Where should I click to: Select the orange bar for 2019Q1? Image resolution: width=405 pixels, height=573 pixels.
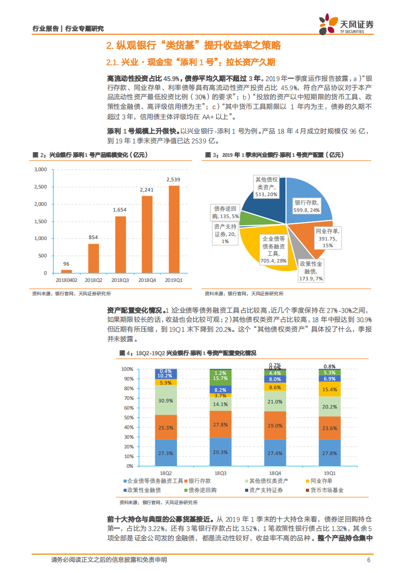(174, 229)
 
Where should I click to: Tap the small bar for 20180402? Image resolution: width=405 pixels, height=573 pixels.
(66, 271)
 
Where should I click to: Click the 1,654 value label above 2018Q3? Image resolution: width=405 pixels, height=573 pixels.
(120, 210)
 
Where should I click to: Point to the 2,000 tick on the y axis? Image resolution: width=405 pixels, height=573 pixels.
(40, 204)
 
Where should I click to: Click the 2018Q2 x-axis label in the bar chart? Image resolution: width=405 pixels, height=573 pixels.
(93, 280)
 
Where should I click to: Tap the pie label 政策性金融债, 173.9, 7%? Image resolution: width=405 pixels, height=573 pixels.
(311, 271)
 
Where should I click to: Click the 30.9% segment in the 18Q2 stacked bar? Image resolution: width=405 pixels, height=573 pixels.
(165, 400)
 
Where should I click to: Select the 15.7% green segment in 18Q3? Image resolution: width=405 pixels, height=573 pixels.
(221, 378)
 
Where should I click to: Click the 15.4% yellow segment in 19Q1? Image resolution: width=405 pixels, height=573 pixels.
(329, 389)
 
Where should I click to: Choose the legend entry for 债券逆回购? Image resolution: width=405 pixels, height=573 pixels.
(202, 490)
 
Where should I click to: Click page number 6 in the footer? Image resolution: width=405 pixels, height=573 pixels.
(368, 560)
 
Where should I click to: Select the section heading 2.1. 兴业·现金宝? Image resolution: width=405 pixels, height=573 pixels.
(190, 62)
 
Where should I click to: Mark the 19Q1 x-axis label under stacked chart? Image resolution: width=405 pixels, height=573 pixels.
(329, 473)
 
